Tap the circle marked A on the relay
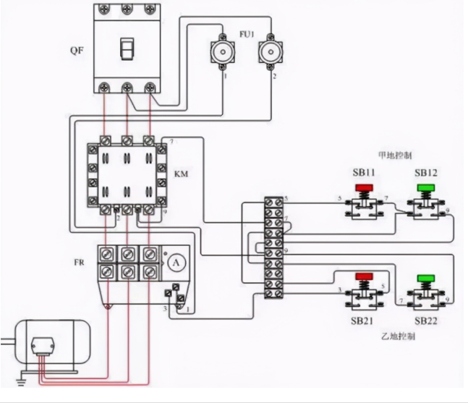(175, 264)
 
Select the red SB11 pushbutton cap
(362, 189)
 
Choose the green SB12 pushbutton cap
(425, 189)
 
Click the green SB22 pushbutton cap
(425, 278)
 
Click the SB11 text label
(363, 173)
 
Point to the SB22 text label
(425, 320)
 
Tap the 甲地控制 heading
(395, 154)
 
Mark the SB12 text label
(425, 173)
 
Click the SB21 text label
(362, 320)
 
